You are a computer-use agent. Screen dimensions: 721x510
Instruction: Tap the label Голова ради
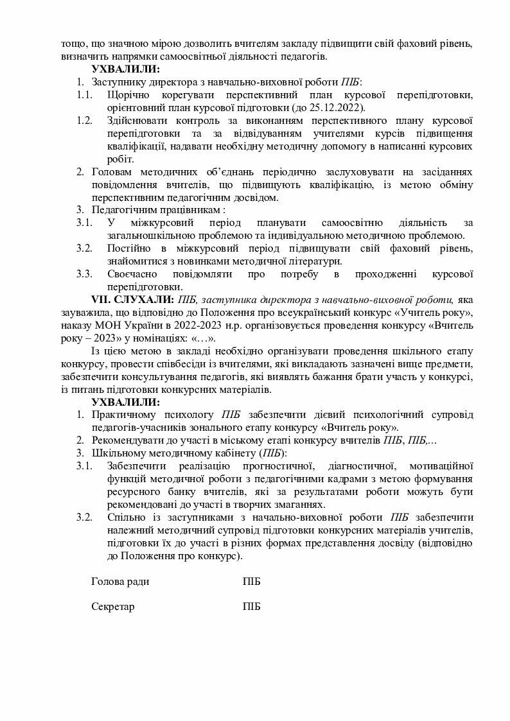pyautogui.click(x=120, y=581)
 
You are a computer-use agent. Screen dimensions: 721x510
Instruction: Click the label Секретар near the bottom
pyautogui.click(x=113, y=607)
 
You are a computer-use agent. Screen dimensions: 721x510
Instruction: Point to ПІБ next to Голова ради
pyautogui.click(x=252, y=581)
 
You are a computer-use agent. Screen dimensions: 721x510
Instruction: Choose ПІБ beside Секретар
pyautogui.click(x=252, y=607)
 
